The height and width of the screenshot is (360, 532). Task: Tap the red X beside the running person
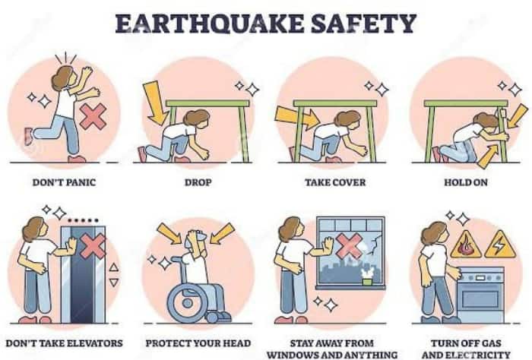(x=93, y=117)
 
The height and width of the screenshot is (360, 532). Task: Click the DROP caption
(x=197, y=182)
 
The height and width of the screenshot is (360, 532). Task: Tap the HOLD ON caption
(x=466, y=182)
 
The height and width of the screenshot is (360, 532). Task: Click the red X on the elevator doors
(x=95, y=247)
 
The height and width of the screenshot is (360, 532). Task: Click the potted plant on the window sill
(x=368, y=274)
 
